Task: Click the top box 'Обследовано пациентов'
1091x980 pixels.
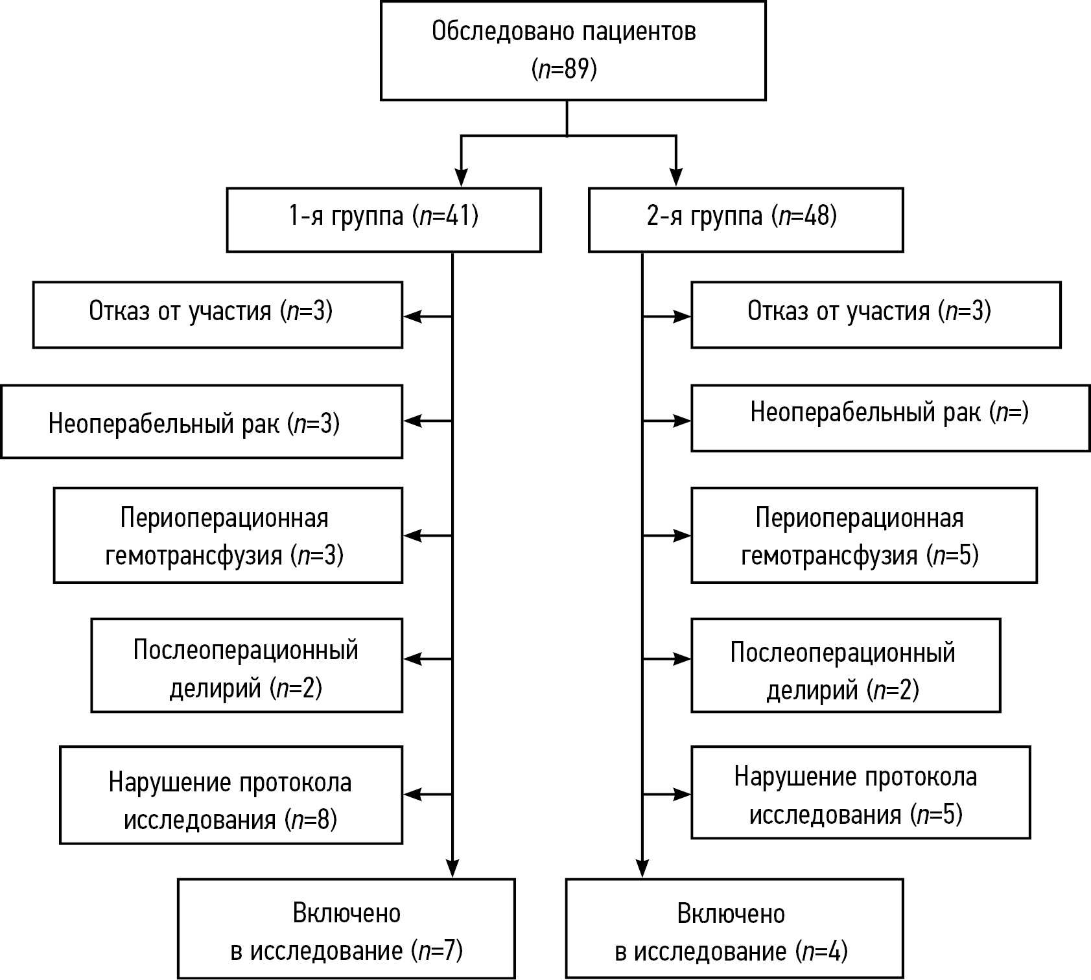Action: pyautogui.click(x=572, y=51)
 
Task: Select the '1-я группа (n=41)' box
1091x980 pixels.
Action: pyautogui.click(x=383, y=220)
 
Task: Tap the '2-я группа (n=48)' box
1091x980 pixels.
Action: pyautogui.click(x=745, y=220)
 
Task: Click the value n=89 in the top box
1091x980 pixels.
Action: pyautogui.click(x=564, y=69)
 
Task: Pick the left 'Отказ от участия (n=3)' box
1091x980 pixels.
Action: pyautogui.click(x=217, y=314)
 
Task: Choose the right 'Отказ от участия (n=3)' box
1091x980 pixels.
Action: pyautogui.click(x=876, y=314)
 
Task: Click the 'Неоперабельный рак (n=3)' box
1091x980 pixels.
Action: pyautogui.click(x=201, y=421)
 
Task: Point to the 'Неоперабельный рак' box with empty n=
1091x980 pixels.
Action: pyautogui.click(x=890, y=418)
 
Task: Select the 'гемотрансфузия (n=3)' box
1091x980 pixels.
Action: pyautogui.click(x=228, y=535)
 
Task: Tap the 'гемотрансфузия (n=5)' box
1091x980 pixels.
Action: pyautogui.click(x=863, y=535)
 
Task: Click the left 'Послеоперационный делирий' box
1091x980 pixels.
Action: pyautogui.click(x=246, y=665)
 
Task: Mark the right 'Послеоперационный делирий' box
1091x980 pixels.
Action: pyautogui.click(x=845, y=665)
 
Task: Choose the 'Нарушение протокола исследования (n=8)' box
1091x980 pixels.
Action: pyautogui.click(x=231, y=795)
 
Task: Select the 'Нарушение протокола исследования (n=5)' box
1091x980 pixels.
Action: pyautogui.click(x=860, y=793)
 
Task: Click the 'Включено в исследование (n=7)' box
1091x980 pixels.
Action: pyautogui.click(x=346, y=929)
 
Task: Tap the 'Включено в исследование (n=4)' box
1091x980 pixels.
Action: pyautogui.click(x=734, y=929)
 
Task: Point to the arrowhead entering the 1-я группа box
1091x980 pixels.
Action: pyautogui.click(x=461, y=178)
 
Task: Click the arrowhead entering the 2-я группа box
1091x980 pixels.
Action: pyautogui.click(x=676, y=178)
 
